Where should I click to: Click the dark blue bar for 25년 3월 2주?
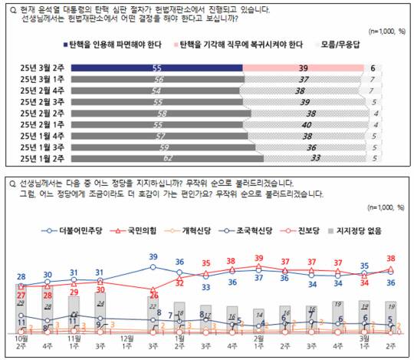coord(156,68)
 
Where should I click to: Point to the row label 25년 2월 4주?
coord(43,91)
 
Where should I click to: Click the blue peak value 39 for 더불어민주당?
coord(153,256)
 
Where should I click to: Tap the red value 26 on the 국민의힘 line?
coord(153,296)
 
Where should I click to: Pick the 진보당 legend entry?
coord(313,230)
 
